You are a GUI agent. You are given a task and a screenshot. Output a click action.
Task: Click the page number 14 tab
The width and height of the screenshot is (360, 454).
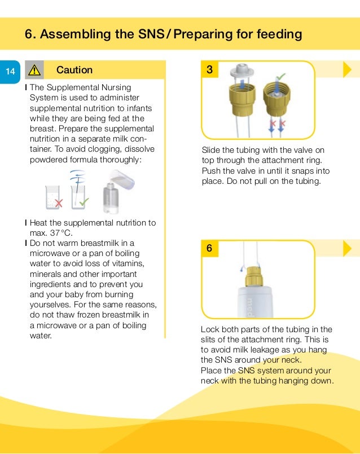coord(10,70)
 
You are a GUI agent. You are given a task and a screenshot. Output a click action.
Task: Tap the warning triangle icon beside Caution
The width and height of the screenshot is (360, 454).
coord(34,70)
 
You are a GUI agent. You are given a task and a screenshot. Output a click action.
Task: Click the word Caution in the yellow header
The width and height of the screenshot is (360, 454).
coord(74,70)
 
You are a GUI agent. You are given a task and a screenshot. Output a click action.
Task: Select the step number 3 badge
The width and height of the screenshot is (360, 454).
coord(210,70)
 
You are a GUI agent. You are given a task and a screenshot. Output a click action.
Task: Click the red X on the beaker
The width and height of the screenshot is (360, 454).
coord(59,202)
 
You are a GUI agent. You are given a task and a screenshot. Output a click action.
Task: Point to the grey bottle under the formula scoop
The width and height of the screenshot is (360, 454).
coord(111,197)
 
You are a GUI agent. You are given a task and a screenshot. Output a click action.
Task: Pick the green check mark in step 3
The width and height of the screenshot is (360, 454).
coord(281,74)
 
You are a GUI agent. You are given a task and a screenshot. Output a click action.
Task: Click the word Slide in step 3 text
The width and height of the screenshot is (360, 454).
coord(212,150)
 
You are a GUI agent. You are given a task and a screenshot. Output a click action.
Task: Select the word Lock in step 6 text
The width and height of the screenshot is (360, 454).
coord(210,329)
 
